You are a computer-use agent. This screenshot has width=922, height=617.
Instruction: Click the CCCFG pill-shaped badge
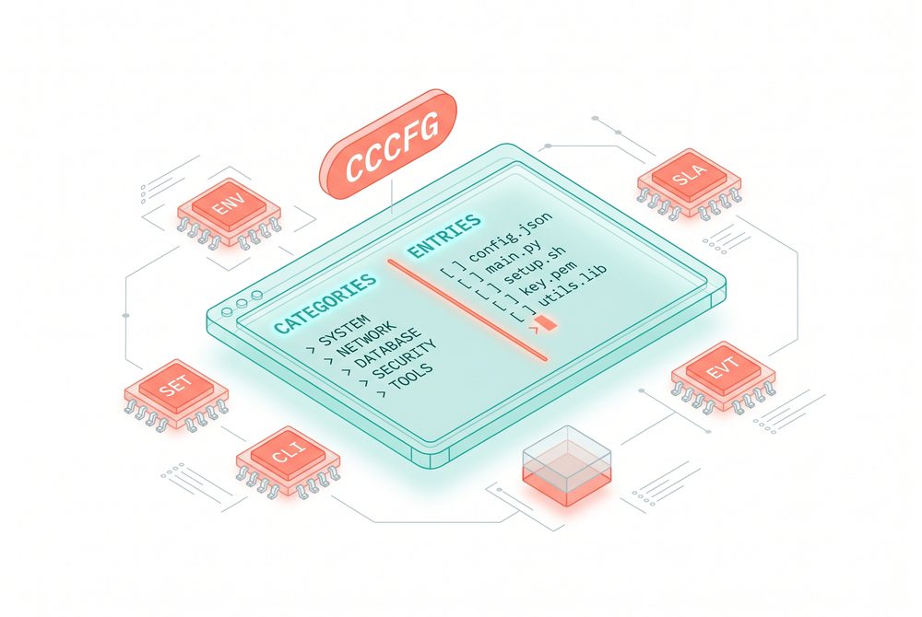[x=388, y=145]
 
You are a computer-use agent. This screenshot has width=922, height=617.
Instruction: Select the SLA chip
[x=689, y=183]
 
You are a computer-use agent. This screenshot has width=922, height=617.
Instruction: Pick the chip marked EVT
[x=723, y=376]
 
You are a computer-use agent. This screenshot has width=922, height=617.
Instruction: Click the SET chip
[x=176, y=394]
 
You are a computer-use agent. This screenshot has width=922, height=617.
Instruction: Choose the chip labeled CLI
[x=288, y=461]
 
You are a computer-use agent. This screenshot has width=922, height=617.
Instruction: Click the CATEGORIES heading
[x=325, y=302]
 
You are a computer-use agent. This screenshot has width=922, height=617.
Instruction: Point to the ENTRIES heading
[x=444, y=236]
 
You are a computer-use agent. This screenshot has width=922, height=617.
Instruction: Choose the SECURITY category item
[x=405, y=359]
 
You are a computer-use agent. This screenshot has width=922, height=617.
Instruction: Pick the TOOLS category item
[x=411, y=377]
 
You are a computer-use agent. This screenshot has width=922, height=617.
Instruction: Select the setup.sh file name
[x=535, y=266]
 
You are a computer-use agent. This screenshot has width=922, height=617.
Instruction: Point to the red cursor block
[x=548, y=322]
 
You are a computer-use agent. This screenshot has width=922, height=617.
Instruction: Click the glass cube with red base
[x=567, y=467]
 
